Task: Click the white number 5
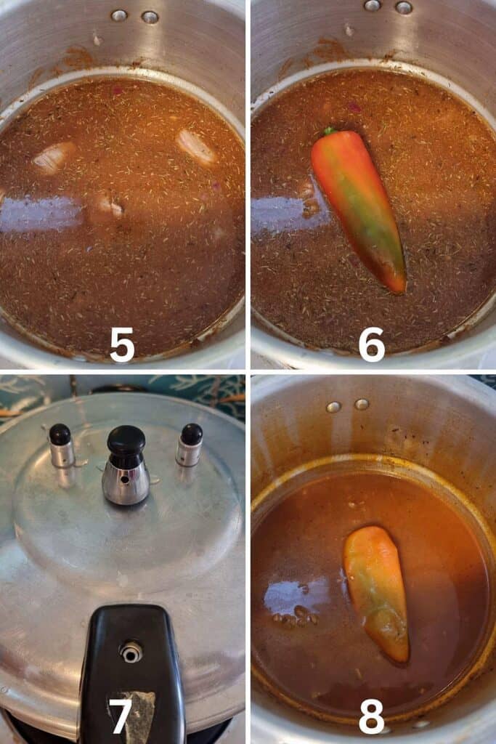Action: click(x=122, y=344)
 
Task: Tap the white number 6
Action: click(x=371, y=344)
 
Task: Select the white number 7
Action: click(x=121, y=716)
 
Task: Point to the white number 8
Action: click(x=371, y=716)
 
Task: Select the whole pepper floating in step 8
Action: click(x=376, y=594)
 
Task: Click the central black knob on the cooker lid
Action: click(x=126, y=440)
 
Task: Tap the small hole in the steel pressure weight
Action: click(x=124, y=480)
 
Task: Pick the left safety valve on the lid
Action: click(x=61, y=445)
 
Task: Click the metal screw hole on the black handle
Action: click(x=131, y=652)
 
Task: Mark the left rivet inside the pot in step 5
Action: click(x=118, y=16)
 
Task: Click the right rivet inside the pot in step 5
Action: click(x=150, y=17)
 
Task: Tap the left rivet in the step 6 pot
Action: click(x=373, y=5)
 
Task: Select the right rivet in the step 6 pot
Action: click(x=404, y=7)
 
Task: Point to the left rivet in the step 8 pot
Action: click(x=333, y=407)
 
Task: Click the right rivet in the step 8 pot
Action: click(x=362, y=404)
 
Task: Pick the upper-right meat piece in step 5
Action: click(x=196, y=147)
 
